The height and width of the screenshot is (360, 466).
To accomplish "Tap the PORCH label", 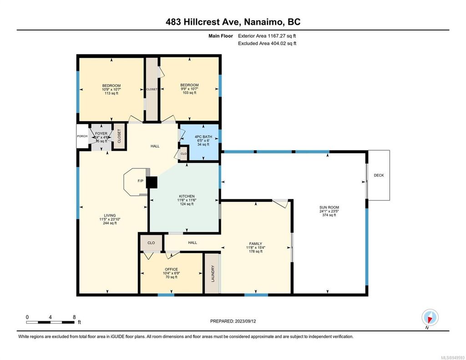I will [82, 136].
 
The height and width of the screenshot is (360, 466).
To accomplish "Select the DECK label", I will [379, 175].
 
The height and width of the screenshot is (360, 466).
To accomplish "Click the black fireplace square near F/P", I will [152, 182].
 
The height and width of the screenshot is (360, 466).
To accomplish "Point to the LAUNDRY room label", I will [212, 274].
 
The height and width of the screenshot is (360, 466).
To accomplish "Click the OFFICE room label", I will [171, 269].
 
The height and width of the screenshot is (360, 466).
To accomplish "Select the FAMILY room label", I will [256, 243].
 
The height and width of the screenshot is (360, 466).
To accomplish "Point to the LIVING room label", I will [109, 215].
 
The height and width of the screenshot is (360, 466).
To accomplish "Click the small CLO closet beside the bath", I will [183, 154].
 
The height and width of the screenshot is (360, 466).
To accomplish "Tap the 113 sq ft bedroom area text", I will [111, 93].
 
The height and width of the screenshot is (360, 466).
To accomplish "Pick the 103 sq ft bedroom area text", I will [189, 93].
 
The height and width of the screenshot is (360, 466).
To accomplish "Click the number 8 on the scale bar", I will [74, 317].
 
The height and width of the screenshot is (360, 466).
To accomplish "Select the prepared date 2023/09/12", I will [236, 321].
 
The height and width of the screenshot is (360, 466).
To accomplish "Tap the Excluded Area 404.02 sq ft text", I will [267, 43].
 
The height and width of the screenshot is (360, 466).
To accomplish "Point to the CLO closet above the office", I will [151, 243].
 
